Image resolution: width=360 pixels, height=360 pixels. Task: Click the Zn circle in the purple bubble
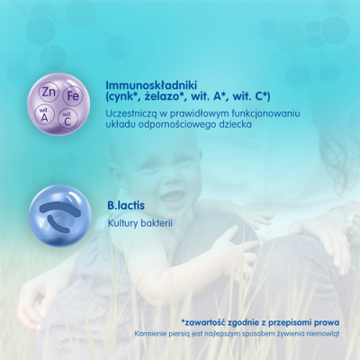pyautogui.click(x=49, y=92)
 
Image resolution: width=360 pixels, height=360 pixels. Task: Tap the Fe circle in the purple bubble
pyautogui.click(x=73, y=96)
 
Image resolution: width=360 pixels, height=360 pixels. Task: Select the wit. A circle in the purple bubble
pyautogui.click(x=44, y=115)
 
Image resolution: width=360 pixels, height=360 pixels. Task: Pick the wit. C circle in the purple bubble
pyautogui.click(x=67, y=119)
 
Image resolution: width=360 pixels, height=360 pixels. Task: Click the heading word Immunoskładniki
pyautogui.click(x=151, y=85)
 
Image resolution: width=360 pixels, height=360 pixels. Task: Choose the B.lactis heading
pyautogui.click(x=126, y=205)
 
